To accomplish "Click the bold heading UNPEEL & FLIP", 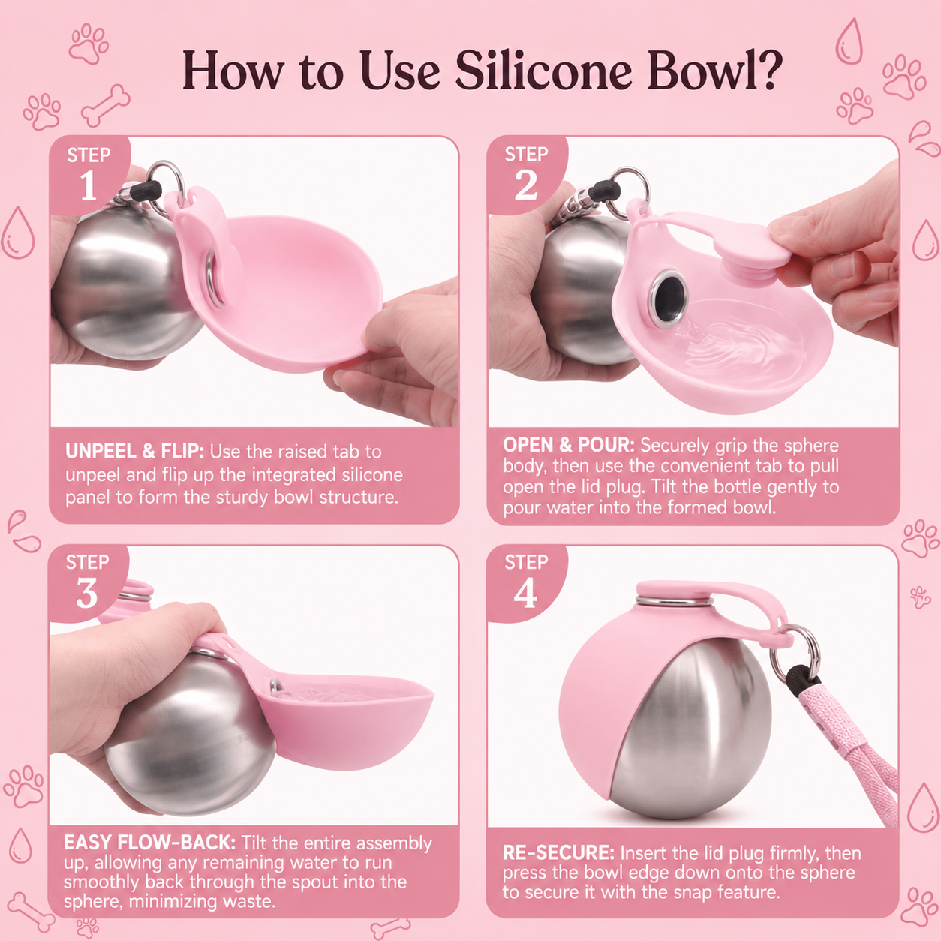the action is (x=134, y=452).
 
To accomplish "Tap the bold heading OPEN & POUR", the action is (x=569, y=445).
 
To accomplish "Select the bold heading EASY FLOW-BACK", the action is (x=149, y=843).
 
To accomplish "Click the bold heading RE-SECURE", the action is (x=558, y=852).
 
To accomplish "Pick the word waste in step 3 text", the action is (x=248, y=901).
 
